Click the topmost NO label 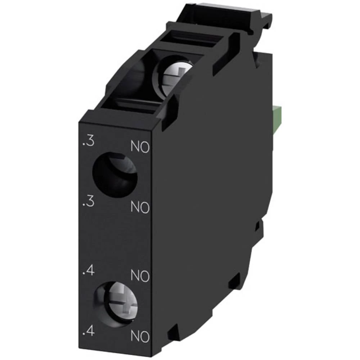(140, 147)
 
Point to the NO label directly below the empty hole (140, 207)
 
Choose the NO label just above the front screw (140, 276)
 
